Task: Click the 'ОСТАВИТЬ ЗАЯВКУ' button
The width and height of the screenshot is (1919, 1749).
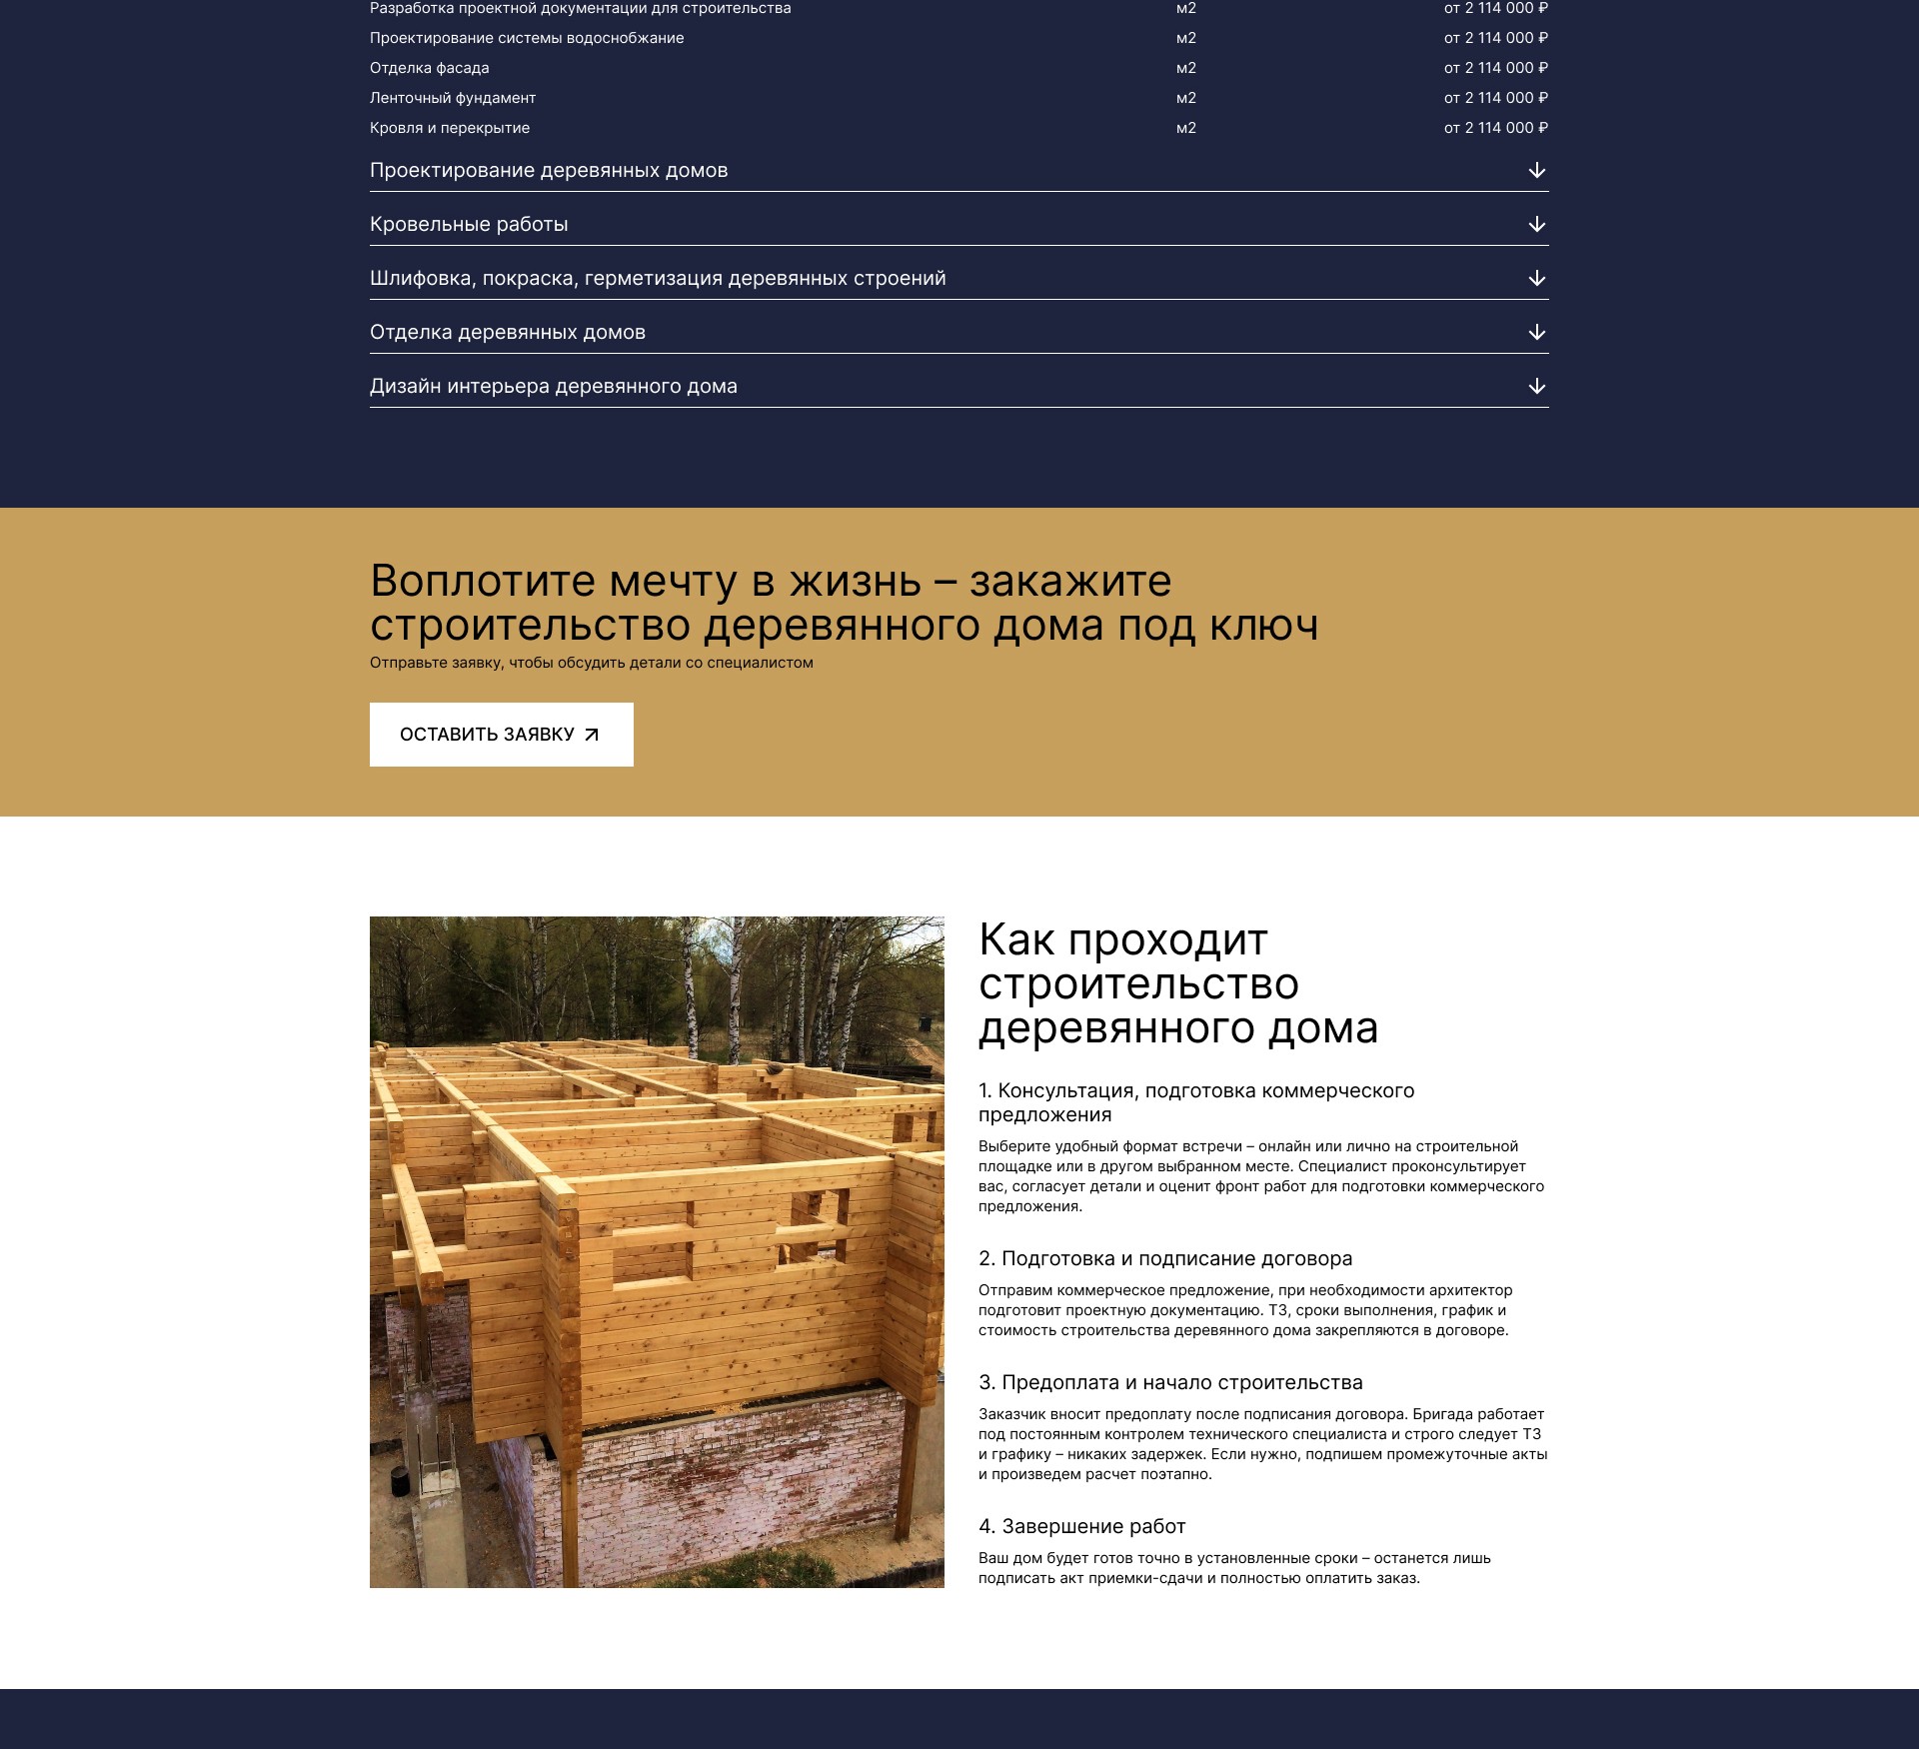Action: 501,735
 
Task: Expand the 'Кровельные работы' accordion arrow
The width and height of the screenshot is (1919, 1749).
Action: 1537,224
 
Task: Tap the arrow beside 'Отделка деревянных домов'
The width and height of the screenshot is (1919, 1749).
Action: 1537,332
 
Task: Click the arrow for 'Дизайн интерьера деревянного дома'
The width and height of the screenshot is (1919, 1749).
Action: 1537,386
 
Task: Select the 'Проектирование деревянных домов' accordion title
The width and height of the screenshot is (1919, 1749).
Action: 549,170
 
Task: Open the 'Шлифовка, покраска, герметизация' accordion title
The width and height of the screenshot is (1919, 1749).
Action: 658,278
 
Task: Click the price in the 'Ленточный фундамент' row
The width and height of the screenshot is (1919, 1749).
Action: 1495,98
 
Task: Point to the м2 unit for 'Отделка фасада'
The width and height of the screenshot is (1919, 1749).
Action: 1185,68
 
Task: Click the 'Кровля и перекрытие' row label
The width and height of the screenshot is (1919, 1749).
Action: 450,128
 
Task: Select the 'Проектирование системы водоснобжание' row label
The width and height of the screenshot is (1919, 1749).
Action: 527,38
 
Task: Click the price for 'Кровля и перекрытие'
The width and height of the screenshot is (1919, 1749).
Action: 1495,128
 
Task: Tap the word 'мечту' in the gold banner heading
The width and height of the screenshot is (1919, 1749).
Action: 673,581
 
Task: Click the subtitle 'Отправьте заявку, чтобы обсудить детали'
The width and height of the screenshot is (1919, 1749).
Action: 591,663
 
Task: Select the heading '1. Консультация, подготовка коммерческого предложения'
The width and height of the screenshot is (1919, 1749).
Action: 1195,1102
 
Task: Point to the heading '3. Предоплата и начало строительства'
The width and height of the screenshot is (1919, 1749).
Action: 1169,1382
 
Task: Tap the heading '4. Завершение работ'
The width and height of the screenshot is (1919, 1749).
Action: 1081,1526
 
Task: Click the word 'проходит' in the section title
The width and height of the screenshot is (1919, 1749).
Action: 1167,940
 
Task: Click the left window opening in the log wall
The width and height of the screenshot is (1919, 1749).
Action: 652,1261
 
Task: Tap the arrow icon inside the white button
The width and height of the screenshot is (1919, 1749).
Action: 592,735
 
